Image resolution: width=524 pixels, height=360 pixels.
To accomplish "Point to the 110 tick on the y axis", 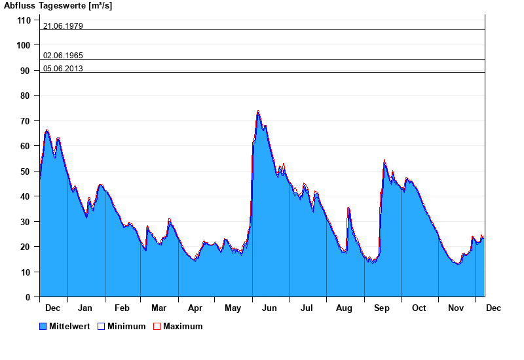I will click(24, 20).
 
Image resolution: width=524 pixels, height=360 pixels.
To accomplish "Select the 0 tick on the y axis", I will click(28, 297).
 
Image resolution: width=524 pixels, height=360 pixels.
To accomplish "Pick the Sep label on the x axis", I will click(382, 308).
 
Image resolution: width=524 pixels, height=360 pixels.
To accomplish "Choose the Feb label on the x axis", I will click(122, 308).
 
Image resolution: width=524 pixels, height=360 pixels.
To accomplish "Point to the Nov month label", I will click(456, 308).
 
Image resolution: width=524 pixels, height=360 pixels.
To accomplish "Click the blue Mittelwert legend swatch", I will click(43, 327).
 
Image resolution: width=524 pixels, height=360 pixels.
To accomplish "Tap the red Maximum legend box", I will click(157, 327).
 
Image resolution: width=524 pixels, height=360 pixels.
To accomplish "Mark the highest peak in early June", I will click(258, 111).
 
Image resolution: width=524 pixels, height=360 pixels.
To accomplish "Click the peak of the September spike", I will click(384, 160).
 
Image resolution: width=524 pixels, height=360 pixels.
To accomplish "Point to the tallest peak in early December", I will click(47, 131).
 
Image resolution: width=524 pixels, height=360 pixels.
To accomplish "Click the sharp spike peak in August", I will click(348, 207).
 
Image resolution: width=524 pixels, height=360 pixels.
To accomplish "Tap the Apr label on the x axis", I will click(195, 308).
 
